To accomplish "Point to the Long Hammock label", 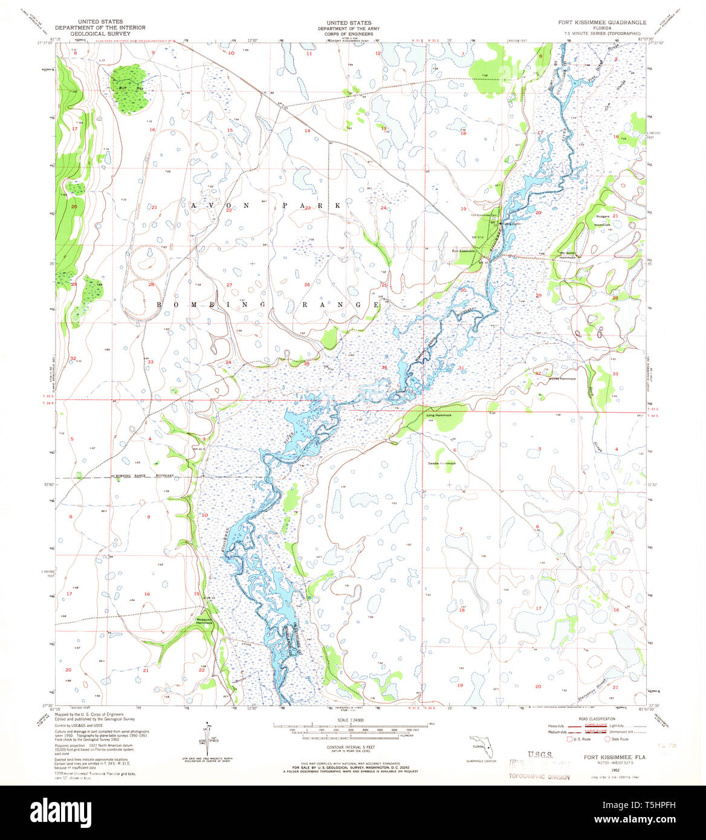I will (438, 415).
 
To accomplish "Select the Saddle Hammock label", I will (441, 463).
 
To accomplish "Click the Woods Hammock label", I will (562, 379).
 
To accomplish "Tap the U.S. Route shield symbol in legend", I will (569, 738).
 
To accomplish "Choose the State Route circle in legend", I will (608, 738).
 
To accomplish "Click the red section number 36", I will (384, 367).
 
